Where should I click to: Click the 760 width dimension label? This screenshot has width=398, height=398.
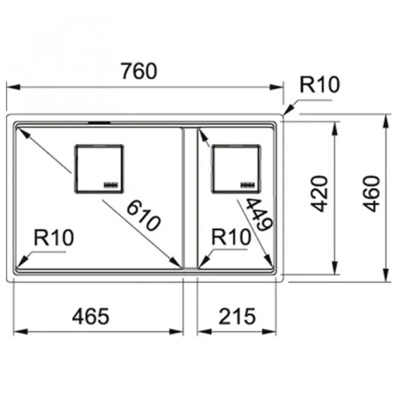click(139, 71)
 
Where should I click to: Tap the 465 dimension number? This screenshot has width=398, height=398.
click(91, 316)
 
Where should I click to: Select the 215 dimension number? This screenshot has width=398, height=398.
click(237, 316)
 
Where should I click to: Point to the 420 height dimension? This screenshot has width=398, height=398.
click(320, 194)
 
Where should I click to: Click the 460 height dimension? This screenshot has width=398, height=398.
click(371, 194)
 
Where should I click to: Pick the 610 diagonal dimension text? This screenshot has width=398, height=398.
click(143, 215)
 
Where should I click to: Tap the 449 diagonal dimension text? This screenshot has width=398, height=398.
click(259, 214)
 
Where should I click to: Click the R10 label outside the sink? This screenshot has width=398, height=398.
click(320, 84)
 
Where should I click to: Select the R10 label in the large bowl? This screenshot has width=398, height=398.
click(54, 237)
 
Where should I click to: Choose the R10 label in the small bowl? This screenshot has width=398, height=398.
click(232, 237)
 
